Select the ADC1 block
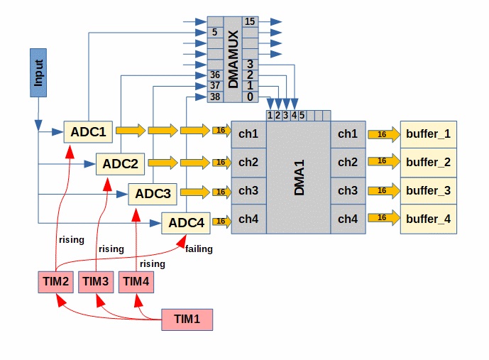click(88, 131)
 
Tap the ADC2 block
click(120, 164)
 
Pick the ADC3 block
click(153, 193)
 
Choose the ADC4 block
click(186, 223)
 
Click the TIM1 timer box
click(187, 320)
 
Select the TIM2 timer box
click(56, 282)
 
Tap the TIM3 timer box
click(96, 282)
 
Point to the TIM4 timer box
click(135, 282)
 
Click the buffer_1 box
click(428, 133)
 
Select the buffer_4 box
click(428, 219)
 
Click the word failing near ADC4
click(199, 249)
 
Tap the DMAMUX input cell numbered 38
click(216, 97)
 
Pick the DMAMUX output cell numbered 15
click(250, 21)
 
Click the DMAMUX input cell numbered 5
click(215, 32)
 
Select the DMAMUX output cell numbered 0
click(250, 97)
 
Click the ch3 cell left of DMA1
click(248, 191)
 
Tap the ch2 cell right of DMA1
click(347, 163)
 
